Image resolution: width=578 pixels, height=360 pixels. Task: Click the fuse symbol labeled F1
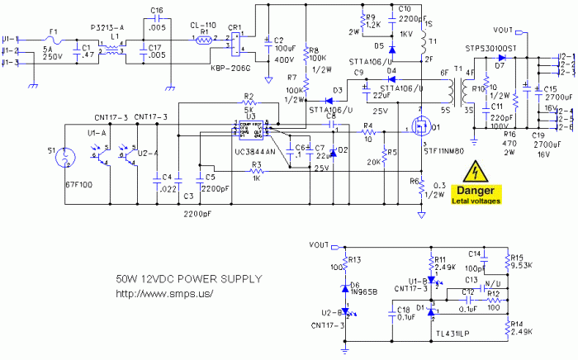pyautogui.click(x=54, y=39)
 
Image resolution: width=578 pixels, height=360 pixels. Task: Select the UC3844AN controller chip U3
pyautogui.click(x=248, y=132)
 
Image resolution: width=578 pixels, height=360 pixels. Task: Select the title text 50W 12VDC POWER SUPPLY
pyautogui.click(x=176, y=279)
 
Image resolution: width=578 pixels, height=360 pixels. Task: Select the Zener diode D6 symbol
pyautogui.click(x=347, y=288)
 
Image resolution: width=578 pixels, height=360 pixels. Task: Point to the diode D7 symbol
pyautogui.click(x=500, y=57)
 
